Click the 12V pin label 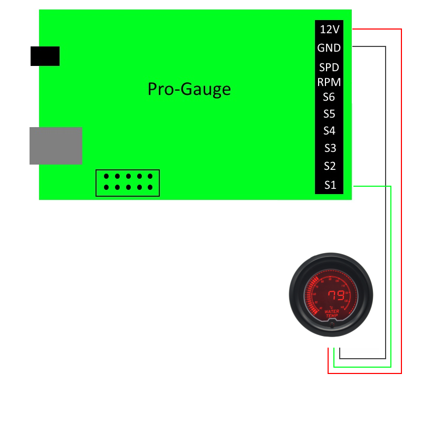point(329,30)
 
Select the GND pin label point(329,48)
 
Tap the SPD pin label point(329,68)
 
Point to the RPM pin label point(329,82)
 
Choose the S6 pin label point(329,97)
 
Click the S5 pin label point(329,114)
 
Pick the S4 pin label point(329,131)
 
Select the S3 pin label point(329,148)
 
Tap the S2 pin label point(329,166)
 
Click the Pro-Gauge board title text point(189,89)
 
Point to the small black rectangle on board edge point(45,56)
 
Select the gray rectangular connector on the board point(56,146)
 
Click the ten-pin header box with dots point(127,183)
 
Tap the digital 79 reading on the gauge point(335,295)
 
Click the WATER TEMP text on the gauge point(331,313)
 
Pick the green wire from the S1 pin point(391,264)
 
